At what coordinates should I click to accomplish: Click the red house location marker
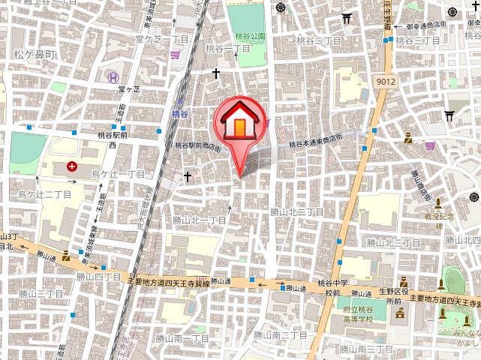click(x=239, y=120)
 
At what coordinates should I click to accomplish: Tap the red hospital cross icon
click(x=72, y=166)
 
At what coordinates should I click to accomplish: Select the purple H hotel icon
click(x=112, y=76)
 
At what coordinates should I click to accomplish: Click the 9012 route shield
click(x=386, y=79)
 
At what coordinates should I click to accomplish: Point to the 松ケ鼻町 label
click(x=35, y=55)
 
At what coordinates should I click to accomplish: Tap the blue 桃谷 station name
click(x=179, y=113)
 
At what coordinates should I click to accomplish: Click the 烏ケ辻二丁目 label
click(x=44, y=194)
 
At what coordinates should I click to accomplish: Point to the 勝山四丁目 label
click(x=98, y=277)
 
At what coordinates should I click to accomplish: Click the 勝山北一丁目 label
click(x=200, y=220)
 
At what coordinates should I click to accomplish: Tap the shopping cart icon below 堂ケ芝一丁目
click(x=176, y=54)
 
